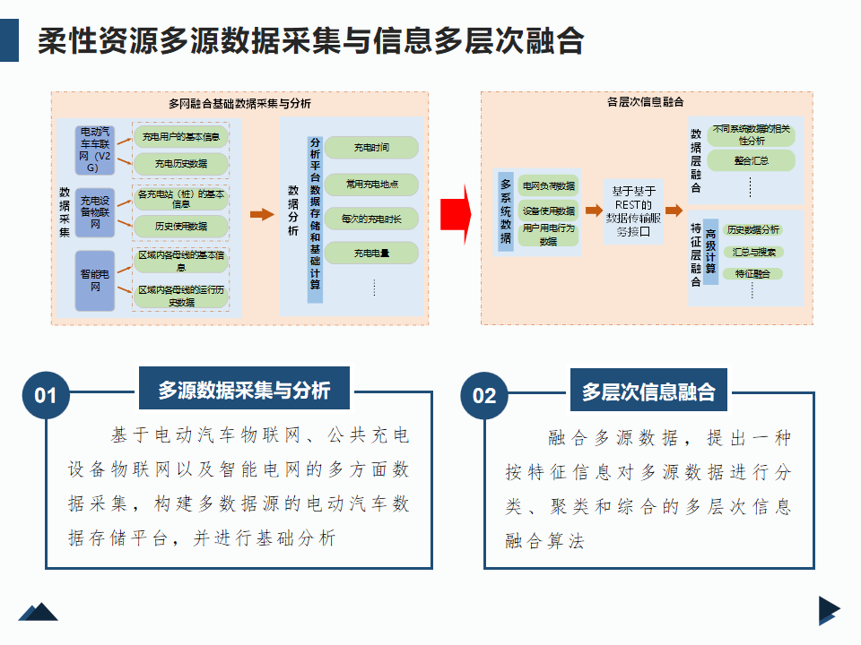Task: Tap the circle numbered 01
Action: point(46,395)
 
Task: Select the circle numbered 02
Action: point(484,395)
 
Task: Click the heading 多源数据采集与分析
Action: point(244,391)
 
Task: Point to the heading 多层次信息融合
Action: point(648,391)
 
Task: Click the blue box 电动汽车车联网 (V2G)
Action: point(94,149)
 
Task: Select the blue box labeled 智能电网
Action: point(94,280)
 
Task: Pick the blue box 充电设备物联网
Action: point(94,212)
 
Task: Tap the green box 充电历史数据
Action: point(180,163)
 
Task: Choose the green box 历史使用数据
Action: point(180,226)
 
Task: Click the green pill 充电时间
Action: point(371,147)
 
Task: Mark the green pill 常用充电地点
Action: point(371,185)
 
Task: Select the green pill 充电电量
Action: point(371,254)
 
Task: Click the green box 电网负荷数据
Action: point(549,185)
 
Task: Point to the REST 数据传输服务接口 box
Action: point(633,211)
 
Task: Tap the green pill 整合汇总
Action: point(751,161)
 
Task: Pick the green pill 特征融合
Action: point(752,273)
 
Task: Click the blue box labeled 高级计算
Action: point(710,252)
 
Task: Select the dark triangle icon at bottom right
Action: point(828,610)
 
